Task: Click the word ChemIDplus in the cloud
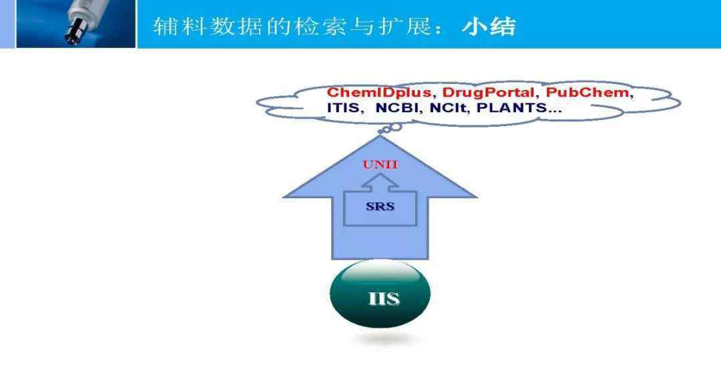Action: pyautogui.click(x=379, y=93)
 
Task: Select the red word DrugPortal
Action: pyautogui.click(x=488, y=93)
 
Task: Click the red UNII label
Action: pyautogui.click(x=380, y=164)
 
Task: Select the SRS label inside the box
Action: pyautogui.click(x=381, y=207)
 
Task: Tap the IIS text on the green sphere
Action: pyautogui.click(x=383, y=299)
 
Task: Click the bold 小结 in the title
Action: pyautogui.click(x=489, y=27)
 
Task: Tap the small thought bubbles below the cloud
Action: pyautogui.click(x=389, y=129)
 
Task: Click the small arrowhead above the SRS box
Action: pyautogui.click(x=380, y=183)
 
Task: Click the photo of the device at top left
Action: pyautogui.click(x=76, y=23)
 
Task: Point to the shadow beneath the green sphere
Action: pyautogui.click(x=385, y=339)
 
